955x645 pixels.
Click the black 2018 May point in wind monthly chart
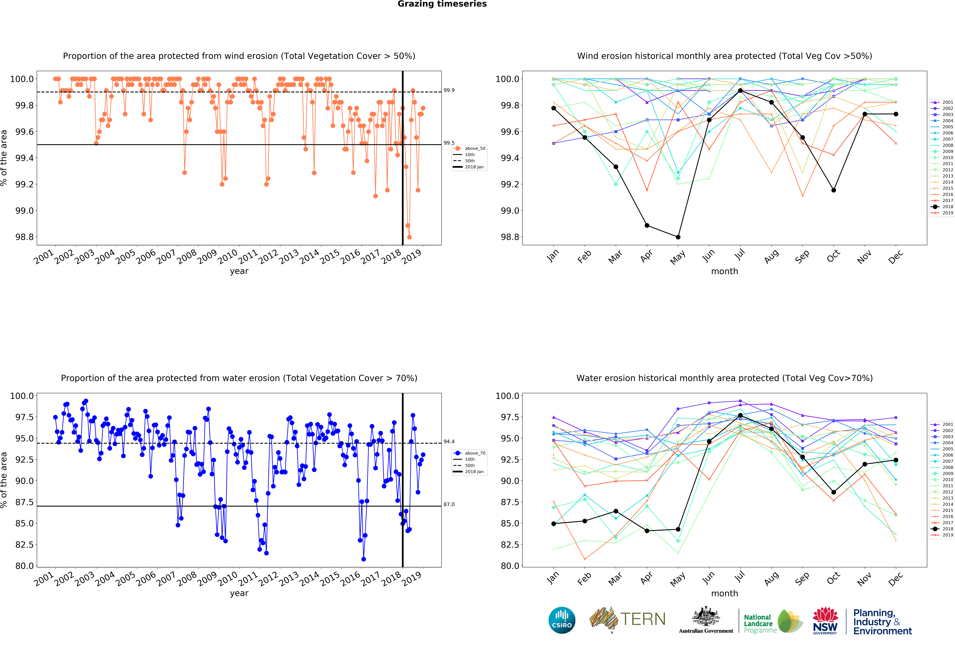point(678,237)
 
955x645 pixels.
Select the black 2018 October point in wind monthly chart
point(833,190)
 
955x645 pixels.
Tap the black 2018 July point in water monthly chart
point(740,415)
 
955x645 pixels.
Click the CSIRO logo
point(562,620)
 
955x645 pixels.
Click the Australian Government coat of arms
point(706,616)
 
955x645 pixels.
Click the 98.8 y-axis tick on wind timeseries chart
point(22,237)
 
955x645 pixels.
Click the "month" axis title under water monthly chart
point(724,593)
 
